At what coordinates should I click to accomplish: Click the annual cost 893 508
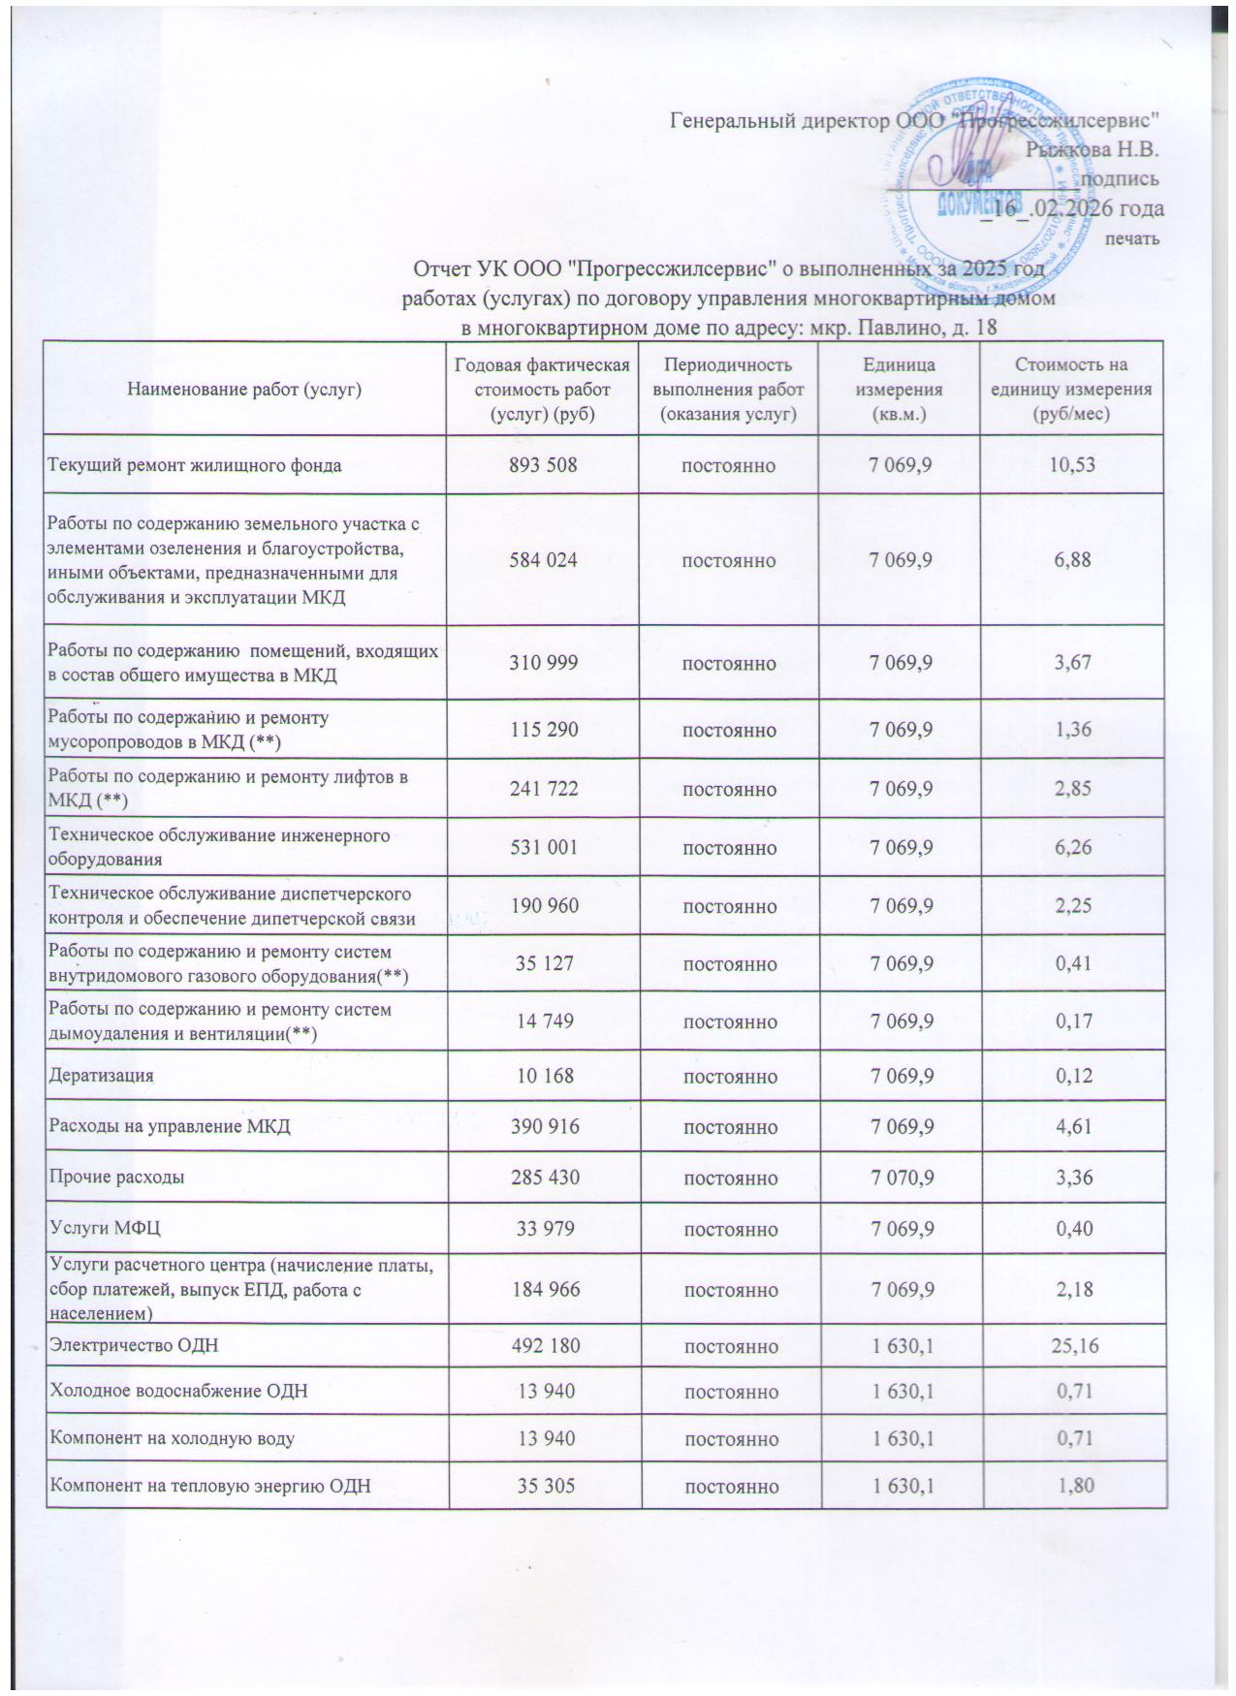[x=543, y=465]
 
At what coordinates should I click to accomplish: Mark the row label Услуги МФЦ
[x=105, y=1228]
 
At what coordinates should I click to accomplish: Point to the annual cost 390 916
[x=543, y=1126]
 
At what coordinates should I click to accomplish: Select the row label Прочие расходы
[x=117, y=1178]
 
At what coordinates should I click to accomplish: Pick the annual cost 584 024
[x=543, y=560]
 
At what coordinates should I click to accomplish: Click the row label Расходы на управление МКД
[x=170, y=1126]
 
